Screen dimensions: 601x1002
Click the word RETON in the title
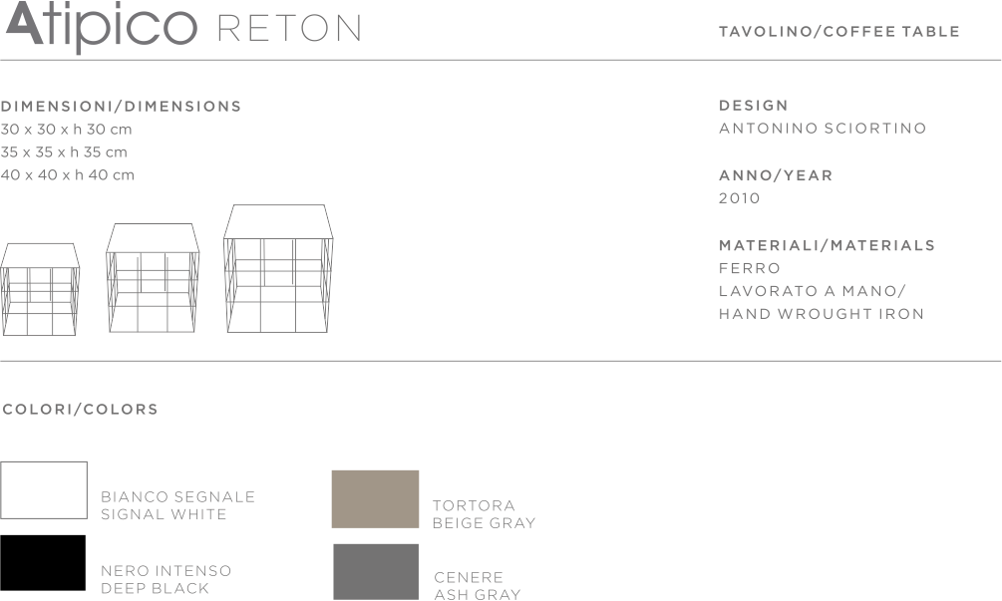[288, 29]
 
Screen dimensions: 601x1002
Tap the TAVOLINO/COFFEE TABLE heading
[838, 32]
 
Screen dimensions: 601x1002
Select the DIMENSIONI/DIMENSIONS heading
[121, 107]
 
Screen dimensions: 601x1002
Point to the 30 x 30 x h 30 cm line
[67, 130]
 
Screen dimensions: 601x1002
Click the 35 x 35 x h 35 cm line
[65, 152]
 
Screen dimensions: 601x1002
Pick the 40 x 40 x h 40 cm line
[68, 175]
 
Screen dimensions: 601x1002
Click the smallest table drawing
[40, 288]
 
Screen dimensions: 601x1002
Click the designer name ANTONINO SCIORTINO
[822, 129]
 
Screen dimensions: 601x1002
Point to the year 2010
[739, 198]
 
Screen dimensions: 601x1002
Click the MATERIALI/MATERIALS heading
[827, 245]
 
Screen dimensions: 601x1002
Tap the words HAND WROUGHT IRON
[821, 314]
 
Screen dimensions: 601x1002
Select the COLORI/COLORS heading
[80, 410]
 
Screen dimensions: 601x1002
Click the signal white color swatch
[44, 490]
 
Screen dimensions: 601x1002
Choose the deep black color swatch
[43, 562]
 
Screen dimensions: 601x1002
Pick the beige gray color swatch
[375, 498]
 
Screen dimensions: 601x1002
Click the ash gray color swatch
[375, 572]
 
